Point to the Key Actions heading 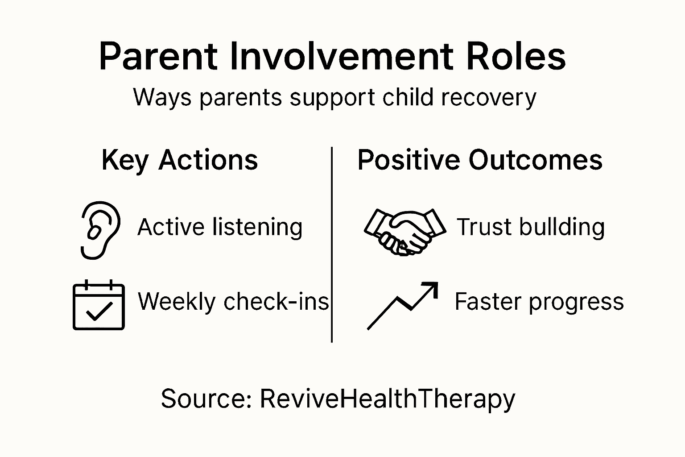point(179,160)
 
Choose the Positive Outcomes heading point(480,160)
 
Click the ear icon point(100,229)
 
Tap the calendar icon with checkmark point(99,306)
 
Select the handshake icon point(404,231)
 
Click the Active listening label point(220,227)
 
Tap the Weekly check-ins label point(233,301)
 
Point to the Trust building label point(530,227)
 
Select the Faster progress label point(539,301)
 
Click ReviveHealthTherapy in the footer point(387,398)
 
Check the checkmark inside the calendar point(99,311)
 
